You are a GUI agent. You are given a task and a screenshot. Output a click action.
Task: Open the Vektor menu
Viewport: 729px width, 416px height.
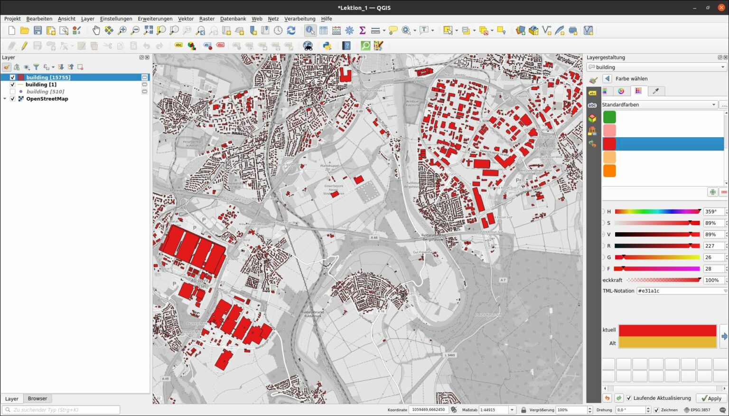pyautogui.click(x=186, y=19)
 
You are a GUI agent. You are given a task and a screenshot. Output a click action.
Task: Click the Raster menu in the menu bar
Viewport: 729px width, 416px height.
pyautogui.click(x=207, y=19)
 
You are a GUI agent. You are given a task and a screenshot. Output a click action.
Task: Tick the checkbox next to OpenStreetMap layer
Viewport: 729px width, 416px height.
pyautogui.click(x=13, y=99)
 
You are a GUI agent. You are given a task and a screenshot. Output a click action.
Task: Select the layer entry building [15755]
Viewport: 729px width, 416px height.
pyautogui.click(x=48, y=77)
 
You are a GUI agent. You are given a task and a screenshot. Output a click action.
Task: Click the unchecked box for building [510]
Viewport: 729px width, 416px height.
pyautogui.click(x=13, y=92)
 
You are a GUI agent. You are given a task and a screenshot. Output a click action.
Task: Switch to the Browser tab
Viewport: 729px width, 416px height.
pyautogui.click(x=37, y=398)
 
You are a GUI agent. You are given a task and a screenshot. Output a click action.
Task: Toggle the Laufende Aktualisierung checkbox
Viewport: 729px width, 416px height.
pyautogui.click(x=629, y=398)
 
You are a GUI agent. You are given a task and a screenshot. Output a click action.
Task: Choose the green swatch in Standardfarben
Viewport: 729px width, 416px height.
pyautogui.click(x=609, y=117)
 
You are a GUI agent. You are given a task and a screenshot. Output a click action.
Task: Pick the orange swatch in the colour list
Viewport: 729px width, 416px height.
pyautogui.click(x=609, y=170)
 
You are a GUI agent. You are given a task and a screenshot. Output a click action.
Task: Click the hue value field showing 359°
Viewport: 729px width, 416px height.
pyautogui.click(x=713, y=211)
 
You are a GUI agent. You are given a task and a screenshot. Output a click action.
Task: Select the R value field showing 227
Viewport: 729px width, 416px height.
pyautogui.click(x=713, y=246)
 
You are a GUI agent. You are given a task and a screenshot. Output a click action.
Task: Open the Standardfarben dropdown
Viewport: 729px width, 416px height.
pyautogui.click(x=659, y=104)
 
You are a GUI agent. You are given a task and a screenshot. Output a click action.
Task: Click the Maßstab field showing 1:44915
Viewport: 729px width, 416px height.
pyautogui.click(x=494, y=410)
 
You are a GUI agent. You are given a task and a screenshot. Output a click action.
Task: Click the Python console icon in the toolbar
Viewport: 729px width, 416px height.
pyautogui.click(x=327, y=46)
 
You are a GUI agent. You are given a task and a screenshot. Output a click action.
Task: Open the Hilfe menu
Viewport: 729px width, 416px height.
pyautogui.click(x=326, y=19)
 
